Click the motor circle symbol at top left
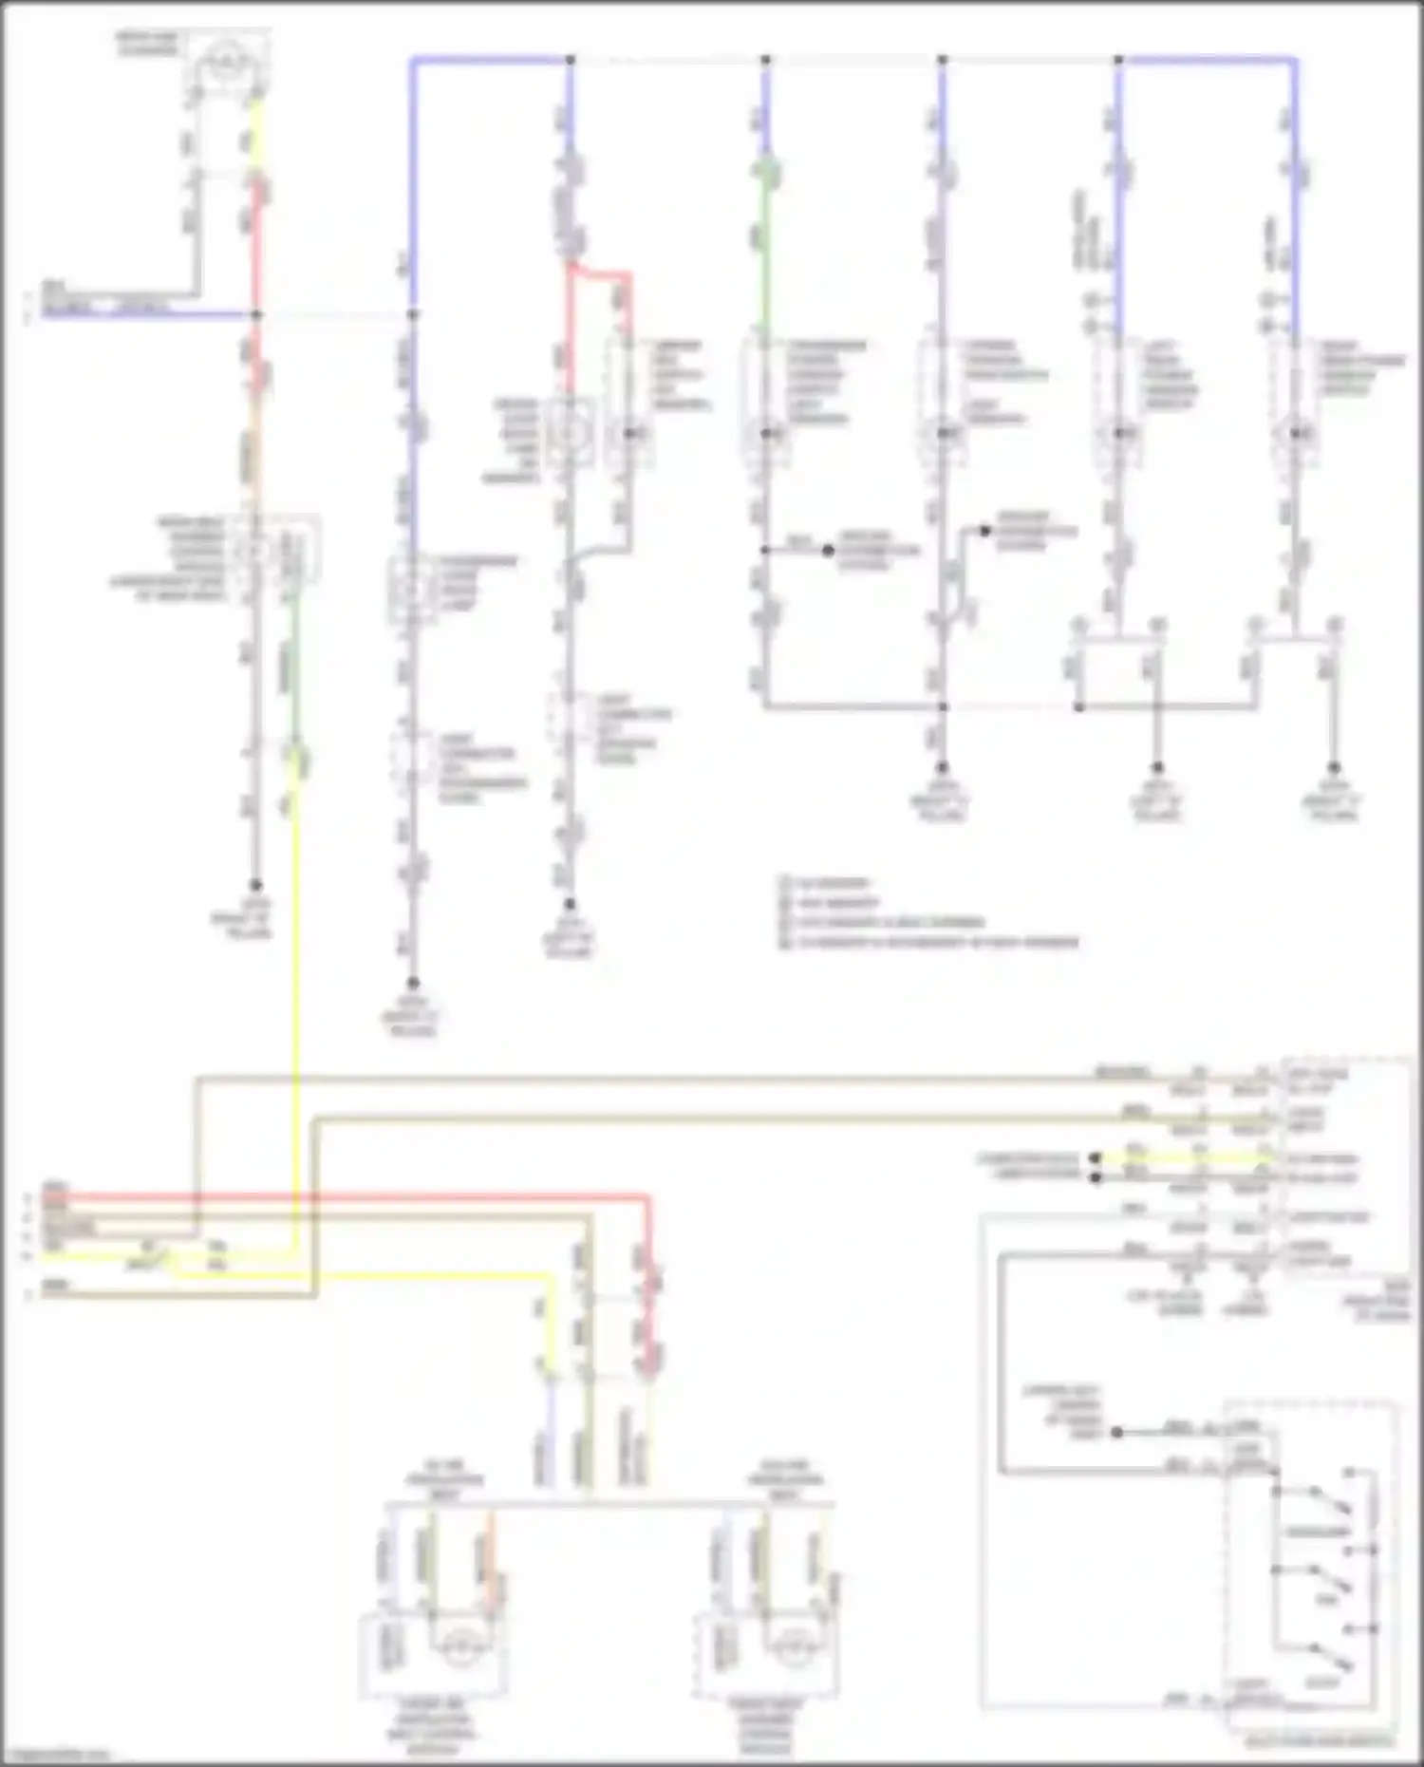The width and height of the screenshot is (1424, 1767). (x=225, y=65)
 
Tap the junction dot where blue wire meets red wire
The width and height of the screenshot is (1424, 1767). (x=256, y=314)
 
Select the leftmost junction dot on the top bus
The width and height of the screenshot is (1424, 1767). (x=571, y=60)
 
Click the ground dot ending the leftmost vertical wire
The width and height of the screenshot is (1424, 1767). (x=255, y=885)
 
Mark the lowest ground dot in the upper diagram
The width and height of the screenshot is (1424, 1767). (x=413, y=983)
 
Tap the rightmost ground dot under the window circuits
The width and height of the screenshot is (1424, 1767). (x=1334, y=767)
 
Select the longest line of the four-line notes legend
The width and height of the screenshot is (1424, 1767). (x=930, y=943)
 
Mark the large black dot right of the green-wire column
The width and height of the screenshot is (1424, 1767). (x=828, y=551)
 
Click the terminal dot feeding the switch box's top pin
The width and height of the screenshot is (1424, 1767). (x=1117, y=1432)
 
